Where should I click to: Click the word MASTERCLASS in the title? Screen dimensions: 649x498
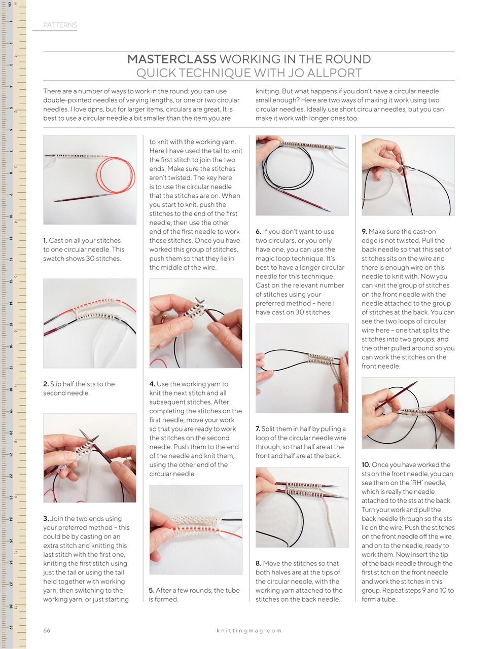coord(171,59)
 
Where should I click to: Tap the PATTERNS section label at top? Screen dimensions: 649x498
coord(60,25)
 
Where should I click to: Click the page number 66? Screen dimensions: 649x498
coord(47,630)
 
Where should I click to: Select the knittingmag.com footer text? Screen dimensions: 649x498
coord(249,631)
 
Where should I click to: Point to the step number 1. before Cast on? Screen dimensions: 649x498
coord(45,241)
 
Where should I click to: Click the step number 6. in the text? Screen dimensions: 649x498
coord(258,232)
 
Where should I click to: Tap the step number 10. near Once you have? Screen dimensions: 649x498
coord(366,465)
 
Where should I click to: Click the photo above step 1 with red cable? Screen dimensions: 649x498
coord(90,179)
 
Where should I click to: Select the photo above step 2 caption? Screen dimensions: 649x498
coord(90,323)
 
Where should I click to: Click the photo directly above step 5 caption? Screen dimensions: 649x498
coord(196,529)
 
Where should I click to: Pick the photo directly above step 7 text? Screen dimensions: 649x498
coord(302,368)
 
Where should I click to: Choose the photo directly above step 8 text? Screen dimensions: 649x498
coord(302,507)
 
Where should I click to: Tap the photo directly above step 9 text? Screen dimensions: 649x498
coord(408,175)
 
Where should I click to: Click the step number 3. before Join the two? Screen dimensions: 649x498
coord(46,519)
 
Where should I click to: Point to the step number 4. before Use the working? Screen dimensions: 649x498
coord(152,384)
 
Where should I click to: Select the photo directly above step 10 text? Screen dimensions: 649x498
coord(408,413)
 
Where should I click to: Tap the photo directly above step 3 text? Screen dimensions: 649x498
coord(90,458)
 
